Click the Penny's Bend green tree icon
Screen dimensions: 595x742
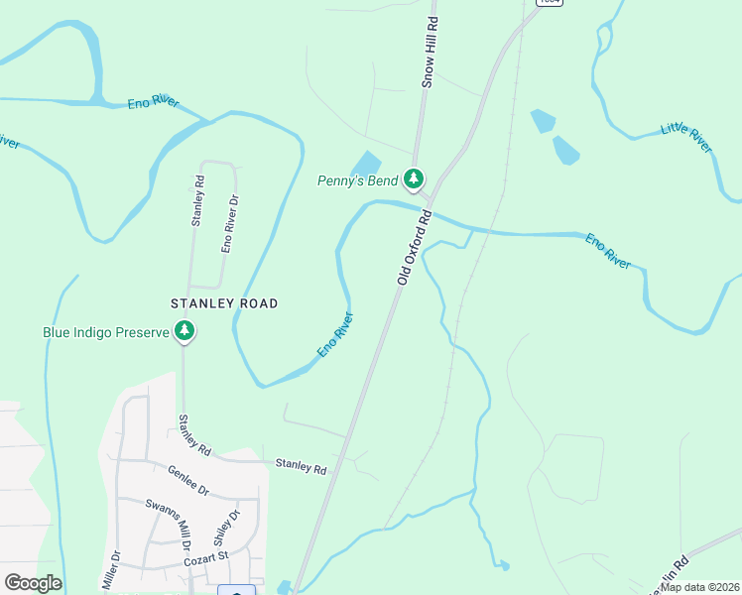[x=414, y=179]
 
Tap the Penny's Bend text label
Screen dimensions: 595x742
[x=357, y=180]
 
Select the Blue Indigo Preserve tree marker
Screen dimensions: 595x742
[x=184, y=332]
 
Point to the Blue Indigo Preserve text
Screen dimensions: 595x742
[x=106, y=332]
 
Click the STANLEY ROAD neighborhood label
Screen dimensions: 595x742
[x=224, y=303]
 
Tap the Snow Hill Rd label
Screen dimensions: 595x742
[x=430, y=52]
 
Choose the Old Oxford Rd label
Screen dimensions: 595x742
[x=415, y=248]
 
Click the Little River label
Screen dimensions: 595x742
[x=686, y=138]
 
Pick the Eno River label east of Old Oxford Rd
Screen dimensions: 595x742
[x=607, y=251]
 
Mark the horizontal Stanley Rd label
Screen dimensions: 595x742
[x=301, y=465]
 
